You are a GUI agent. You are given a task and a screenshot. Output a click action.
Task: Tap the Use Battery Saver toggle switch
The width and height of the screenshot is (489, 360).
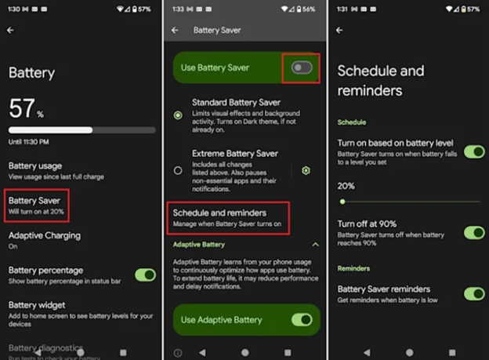coord(302,68)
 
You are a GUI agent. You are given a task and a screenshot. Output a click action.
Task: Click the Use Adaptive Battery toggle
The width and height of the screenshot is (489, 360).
coord(302,319)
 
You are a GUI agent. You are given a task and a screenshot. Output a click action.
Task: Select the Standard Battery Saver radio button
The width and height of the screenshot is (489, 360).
coord(178,115)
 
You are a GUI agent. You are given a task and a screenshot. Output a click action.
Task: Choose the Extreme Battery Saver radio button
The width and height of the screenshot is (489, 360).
coord(178,170)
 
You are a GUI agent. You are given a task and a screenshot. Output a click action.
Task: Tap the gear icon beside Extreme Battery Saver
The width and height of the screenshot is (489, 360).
coord(306,170)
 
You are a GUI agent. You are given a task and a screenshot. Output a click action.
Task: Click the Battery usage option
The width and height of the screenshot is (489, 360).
coord(46,170)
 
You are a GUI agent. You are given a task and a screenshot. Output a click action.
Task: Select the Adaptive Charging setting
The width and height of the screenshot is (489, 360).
coord(45,239)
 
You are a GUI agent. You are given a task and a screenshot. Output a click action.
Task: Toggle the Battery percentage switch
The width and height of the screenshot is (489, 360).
coord(145,275)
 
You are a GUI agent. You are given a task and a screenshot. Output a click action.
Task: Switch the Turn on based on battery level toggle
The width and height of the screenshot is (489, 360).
coord(474,151)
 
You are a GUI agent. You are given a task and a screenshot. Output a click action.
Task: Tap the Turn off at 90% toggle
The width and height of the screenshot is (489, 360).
coord(474,232)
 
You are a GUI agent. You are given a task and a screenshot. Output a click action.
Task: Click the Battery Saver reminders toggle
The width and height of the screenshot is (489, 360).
coord(474,293)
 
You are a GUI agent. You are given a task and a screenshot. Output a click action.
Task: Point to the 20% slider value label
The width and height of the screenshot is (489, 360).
coord(346,187)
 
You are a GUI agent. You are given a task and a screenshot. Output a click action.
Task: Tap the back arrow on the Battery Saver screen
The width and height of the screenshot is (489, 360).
coord(175,31)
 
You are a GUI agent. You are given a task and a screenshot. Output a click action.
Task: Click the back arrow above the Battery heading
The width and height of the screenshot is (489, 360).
coord(11,31)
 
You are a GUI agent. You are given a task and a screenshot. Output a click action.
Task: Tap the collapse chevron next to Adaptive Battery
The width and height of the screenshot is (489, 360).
coord(315,245)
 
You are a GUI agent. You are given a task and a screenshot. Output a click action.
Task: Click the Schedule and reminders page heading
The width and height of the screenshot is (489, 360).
coord(380,80)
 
